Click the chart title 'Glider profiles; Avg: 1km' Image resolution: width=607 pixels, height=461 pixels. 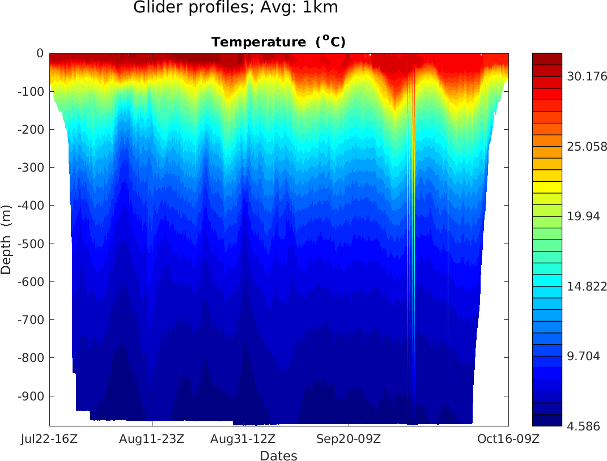(235, 8)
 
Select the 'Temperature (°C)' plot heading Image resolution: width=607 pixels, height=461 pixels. (278, 42)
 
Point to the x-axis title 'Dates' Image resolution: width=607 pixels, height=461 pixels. (278, 455)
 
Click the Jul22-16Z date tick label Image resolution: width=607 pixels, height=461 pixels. (49, 438)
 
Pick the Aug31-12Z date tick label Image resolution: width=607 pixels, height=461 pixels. (243, 438)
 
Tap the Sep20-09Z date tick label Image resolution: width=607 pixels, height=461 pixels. (349, 438)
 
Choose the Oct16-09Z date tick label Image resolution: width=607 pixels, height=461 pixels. (508, 438)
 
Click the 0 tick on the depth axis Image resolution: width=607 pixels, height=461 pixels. (40, 53)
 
